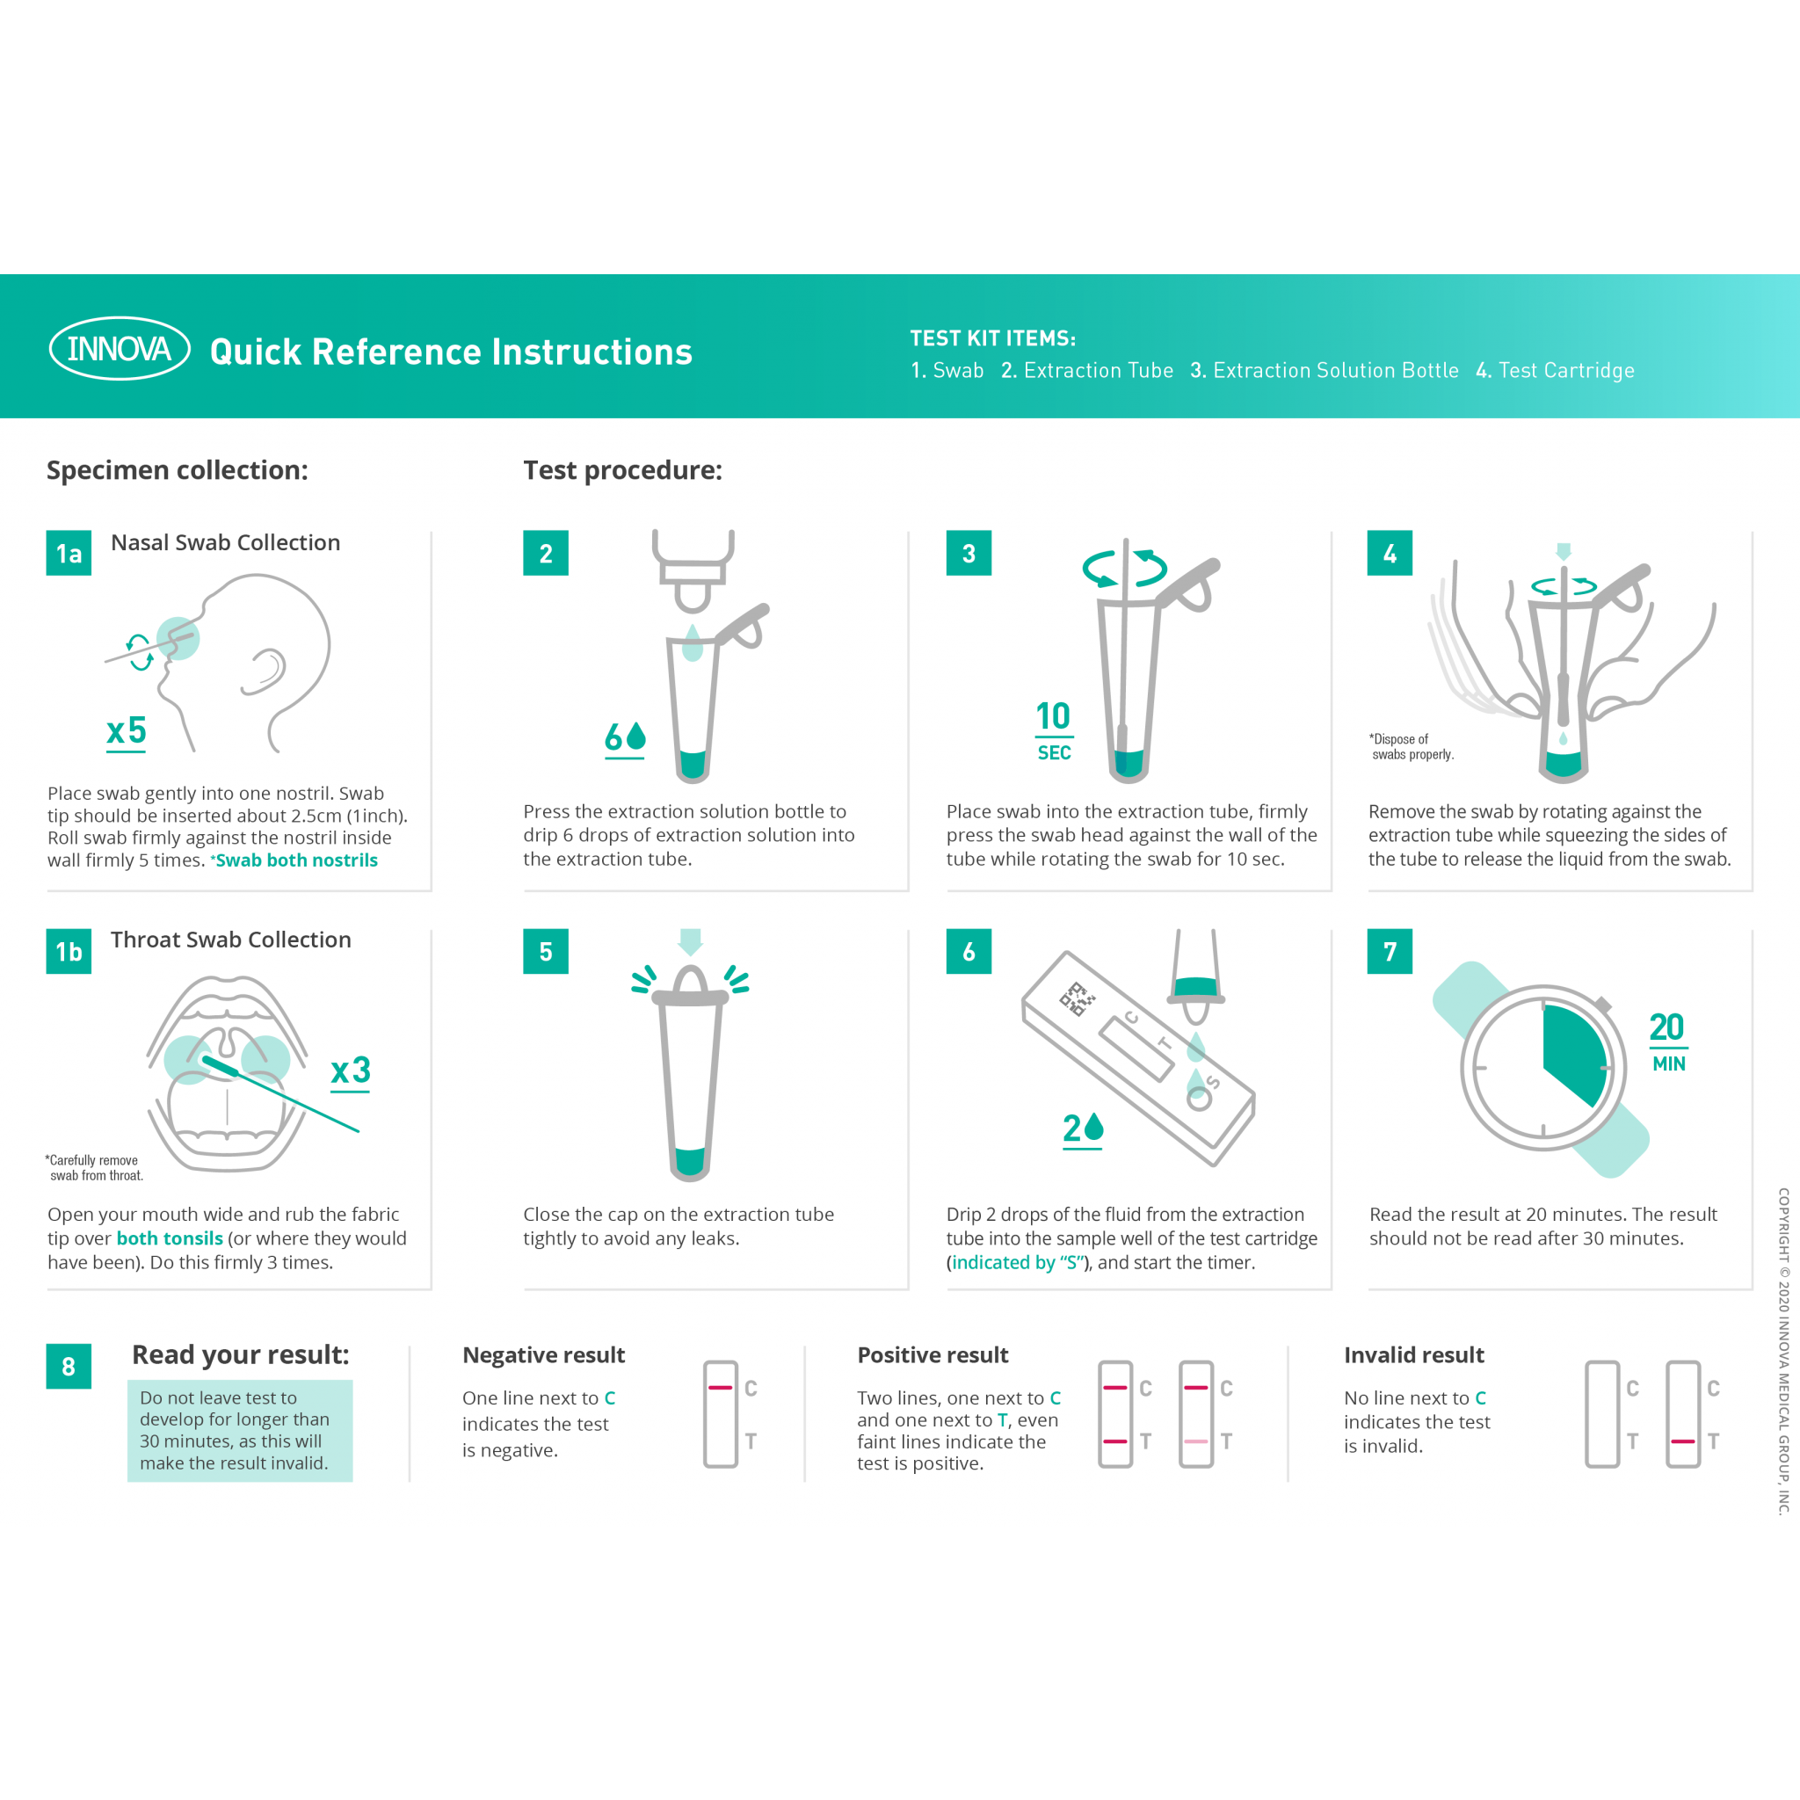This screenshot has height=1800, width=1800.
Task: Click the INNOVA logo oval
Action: [120, 348]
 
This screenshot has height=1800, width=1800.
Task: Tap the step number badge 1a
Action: [69, 554]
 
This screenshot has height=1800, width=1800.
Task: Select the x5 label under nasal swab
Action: [127, 731]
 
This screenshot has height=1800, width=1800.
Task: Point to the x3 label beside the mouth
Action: [351, 1071]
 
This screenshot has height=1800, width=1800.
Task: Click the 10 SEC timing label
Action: [1054, 730]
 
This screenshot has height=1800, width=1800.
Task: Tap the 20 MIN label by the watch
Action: [1667, 1041]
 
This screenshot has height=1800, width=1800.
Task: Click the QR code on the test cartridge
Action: [1077, 998]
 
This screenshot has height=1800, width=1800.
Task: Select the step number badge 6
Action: [969, 951]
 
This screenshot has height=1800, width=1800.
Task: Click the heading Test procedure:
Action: [622, 469]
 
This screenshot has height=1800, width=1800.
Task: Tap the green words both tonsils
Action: [170, 1238]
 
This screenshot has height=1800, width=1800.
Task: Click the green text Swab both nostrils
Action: [296, 860]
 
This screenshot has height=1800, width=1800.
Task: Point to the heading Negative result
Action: [543, 1354]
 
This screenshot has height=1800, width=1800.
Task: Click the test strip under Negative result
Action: [720, 1414]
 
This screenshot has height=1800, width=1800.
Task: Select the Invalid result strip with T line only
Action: [1682, 1414]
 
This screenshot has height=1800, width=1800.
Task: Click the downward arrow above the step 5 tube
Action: [690, 941]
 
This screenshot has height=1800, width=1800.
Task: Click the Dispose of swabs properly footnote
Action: [1411, 746]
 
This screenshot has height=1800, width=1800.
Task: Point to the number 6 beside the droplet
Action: [613, 737]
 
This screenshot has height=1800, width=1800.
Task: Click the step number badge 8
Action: [69, 1366]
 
